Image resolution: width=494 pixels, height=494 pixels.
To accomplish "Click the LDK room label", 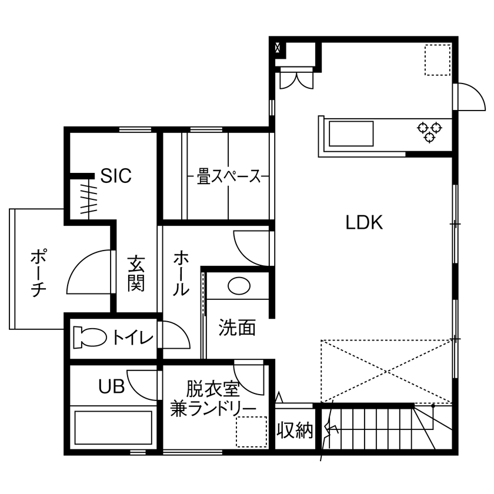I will tap(364, 223).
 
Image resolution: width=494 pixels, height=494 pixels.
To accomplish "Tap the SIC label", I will tap(115, 176).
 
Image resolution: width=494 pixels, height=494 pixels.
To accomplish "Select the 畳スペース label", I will tap(228, 176).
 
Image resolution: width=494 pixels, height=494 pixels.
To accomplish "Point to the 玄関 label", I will tap(136, 273).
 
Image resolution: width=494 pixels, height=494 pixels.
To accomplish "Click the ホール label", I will tap(181, 273).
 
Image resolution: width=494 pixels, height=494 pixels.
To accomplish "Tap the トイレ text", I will tap(133, 338).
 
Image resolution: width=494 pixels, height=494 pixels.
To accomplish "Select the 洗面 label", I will tap(237, 328).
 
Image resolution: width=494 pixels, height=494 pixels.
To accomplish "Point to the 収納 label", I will tap(295, 430).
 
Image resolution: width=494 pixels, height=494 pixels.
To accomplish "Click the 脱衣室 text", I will tap(213, 389).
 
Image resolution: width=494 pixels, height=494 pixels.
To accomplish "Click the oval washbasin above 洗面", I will tap(239, 286).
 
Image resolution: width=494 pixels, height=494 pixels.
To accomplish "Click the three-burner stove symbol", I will tap(429, 131).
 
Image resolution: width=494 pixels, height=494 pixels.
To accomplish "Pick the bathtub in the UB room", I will tap(114, 429).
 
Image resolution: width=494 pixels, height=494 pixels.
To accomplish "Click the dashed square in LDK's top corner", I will tap(437, 59).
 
